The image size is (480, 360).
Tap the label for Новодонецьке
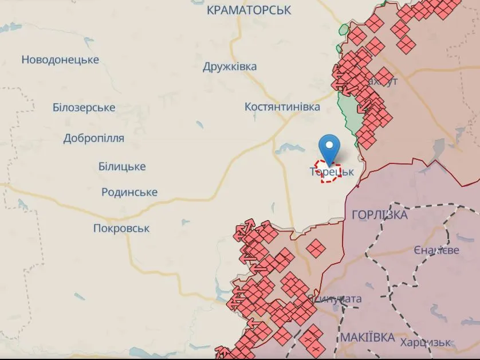[x=60, y=60]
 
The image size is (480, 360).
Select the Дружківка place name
[x=230, y=66]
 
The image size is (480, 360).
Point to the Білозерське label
[x=84, y=107]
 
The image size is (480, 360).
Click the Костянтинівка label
[x=282, y=107]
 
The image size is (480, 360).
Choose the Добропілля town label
[x=93, y=138]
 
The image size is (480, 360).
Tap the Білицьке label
[x=122, y=167]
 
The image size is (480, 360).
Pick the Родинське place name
[x=129, y=192]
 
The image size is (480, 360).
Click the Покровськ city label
[x=121, y=228]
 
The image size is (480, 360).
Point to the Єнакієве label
[x=436, y=251]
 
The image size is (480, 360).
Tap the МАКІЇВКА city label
[x=367, y=336]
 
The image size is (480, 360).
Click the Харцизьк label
[x=425, y=342]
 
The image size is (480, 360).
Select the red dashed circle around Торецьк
[x=331, y=173]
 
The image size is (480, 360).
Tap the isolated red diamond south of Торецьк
[x=316, y=248]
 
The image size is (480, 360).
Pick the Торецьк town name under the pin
[x=332, y=171]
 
